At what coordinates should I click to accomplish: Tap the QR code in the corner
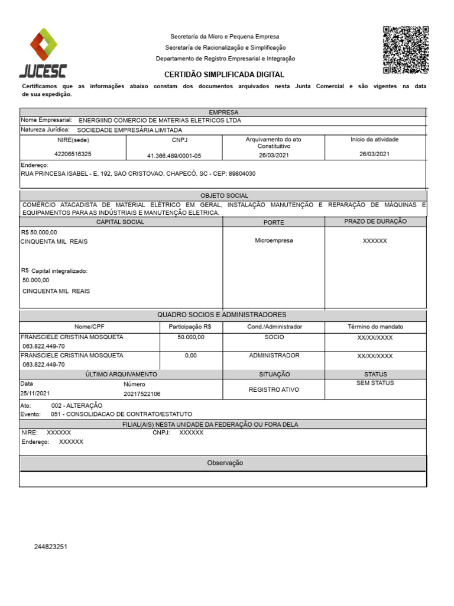(406, 50)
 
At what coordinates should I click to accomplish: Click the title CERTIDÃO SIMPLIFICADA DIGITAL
(224, 75)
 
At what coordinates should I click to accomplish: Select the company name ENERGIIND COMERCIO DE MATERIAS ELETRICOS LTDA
(160, 120)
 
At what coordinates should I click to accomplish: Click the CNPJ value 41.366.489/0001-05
(174, 156)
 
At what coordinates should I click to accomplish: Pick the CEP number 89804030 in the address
(242, 174)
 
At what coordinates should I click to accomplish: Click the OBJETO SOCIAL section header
(224, 195)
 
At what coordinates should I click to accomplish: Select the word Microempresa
(274, 241)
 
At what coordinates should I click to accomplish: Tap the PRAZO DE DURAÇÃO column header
(375, 222)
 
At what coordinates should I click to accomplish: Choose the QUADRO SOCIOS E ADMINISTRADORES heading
(222, 315)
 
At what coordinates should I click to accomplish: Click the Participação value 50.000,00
(190, 337)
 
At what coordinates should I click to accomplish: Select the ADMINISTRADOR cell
(274, 356)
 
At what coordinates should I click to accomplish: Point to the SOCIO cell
(274, 337)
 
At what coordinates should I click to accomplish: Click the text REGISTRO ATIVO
(274, 390)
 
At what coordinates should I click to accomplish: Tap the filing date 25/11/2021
(35, 394)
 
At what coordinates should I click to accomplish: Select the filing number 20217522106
(142, 394)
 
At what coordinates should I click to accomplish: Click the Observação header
(225, 463)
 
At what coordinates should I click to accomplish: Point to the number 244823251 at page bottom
(51, 547)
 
